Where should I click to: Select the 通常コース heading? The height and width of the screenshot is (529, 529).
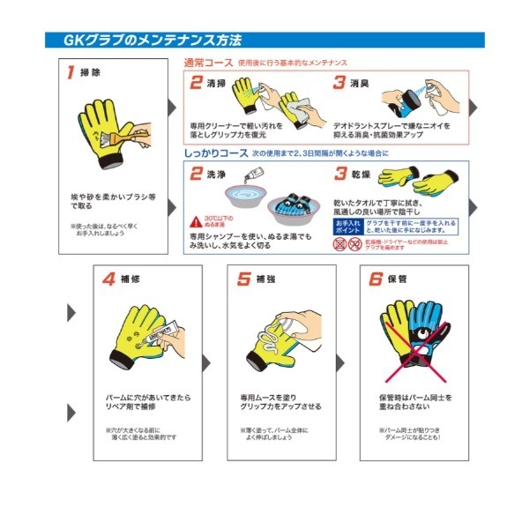(207, 63)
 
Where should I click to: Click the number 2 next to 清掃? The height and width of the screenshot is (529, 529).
(197, 83)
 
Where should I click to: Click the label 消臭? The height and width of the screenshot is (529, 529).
(359, 84)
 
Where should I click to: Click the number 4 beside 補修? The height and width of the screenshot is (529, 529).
(108, 279)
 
